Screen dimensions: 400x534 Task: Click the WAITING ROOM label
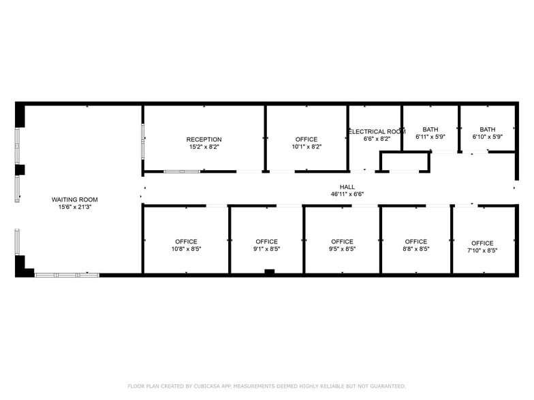75,199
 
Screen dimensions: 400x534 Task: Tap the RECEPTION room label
204,139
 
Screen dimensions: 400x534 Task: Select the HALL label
347,186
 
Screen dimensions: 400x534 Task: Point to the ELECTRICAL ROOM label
377,131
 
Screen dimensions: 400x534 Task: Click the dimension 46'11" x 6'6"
347,194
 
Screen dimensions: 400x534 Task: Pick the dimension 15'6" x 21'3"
75,207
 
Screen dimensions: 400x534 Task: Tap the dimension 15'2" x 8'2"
204,147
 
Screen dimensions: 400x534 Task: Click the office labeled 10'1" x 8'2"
307,139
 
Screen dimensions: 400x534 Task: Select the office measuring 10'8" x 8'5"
186,241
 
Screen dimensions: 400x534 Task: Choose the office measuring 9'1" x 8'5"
266,241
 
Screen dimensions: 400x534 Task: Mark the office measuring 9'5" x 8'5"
342,241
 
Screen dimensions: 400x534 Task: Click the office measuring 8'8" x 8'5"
415,241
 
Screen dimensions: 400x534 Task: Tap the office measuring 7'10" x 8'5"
482,243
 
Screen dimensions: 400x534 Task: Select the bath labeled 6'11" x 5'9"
430,129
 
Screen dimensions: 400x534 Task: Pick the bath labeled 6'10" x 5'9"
488,129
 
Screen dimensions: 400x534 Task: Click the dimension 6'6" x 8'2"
377,139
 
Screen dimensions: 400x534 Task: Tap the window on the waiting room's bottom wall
67,275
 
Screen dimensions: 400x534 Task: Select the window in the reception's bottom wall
182,171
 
